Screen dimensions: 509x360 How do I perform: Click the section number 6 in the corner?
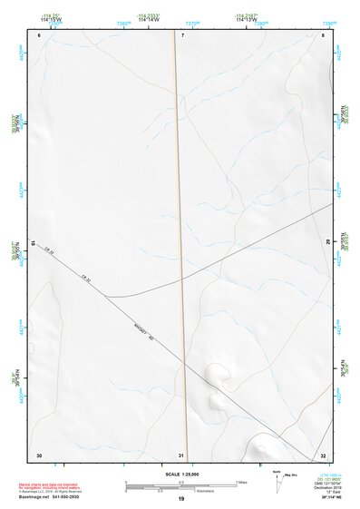click(41, 35)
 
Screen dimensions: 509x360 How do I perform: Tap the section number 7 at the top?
click(181, 35)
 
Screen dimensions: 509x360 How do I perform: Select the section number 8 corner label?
click(322, 35)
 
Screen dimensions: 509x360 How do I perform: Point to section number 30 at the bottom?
click(39, 454)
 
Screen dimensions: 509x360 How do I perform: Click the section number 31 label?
click(181, 454)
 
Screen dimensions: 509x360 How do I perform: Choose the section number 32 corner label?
click(323, 454)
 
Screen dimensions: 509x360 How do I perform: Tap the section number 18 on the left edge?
click(33, 243)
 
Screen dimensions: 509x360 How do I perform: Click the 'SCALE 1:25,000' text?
click(181, 474)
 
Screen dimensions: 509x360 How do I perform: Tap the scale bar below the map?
click(181, 485)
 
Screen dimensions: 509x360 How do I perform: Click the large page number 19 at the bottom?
click(181, 499)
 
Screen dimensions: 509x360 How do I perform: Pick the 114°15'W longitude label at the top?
click(52, 19)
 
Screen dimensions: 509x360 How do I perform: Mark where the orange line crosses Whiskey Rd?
click(185, 362)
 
